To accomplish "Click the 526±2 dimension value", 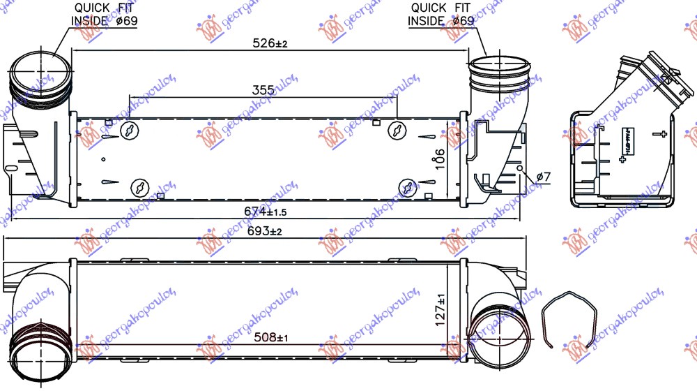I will tap(270, 43).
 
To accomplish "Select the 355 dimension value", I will tap(263, 90).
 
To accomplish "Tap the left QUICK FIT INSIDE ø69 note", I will tap(105, 14).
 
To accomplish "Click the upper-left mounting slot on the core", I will tap(130, 131).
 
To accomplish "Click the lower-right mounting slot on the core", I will tap(408, 186).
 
